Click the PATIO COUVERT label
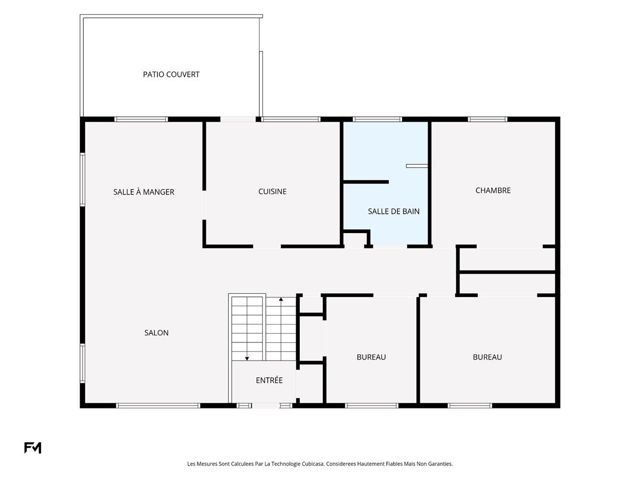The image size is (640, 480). [171, 74]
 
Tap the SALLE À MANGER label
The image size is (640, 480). [144, 192]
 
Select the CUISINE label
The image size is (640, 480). [273, 191]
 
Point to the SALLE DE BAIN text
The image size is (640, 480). [394, 211]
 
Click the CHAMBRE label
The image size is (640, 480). [493, 190]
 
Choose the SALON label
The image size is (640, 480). [156, 333]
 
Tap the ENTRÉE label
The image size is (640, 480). [269, 380]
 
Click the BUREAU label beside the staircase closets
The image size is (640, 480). [371, 357]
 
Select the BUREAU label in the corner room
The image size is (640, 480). [487, 357]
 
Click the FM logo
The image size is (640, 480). [33, 447]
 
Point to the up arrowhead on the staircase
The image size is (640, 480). [281, 299]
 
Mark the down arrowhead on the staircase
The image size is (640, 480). [247, 359]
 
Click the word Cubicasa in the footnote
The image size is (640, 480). [313, 463]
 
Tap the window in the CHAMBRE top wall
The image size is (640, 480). [487, 119]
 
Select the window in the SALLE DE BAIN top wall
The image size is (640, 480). [377, 119]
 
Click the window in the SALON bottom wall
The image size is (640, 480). [158, 405]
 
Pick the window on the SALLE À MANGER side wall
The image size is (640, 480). [83, 180]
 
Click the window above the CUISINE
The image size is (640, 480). [291, 119]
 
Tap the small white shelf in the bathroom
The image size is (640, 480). [417, 166]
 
